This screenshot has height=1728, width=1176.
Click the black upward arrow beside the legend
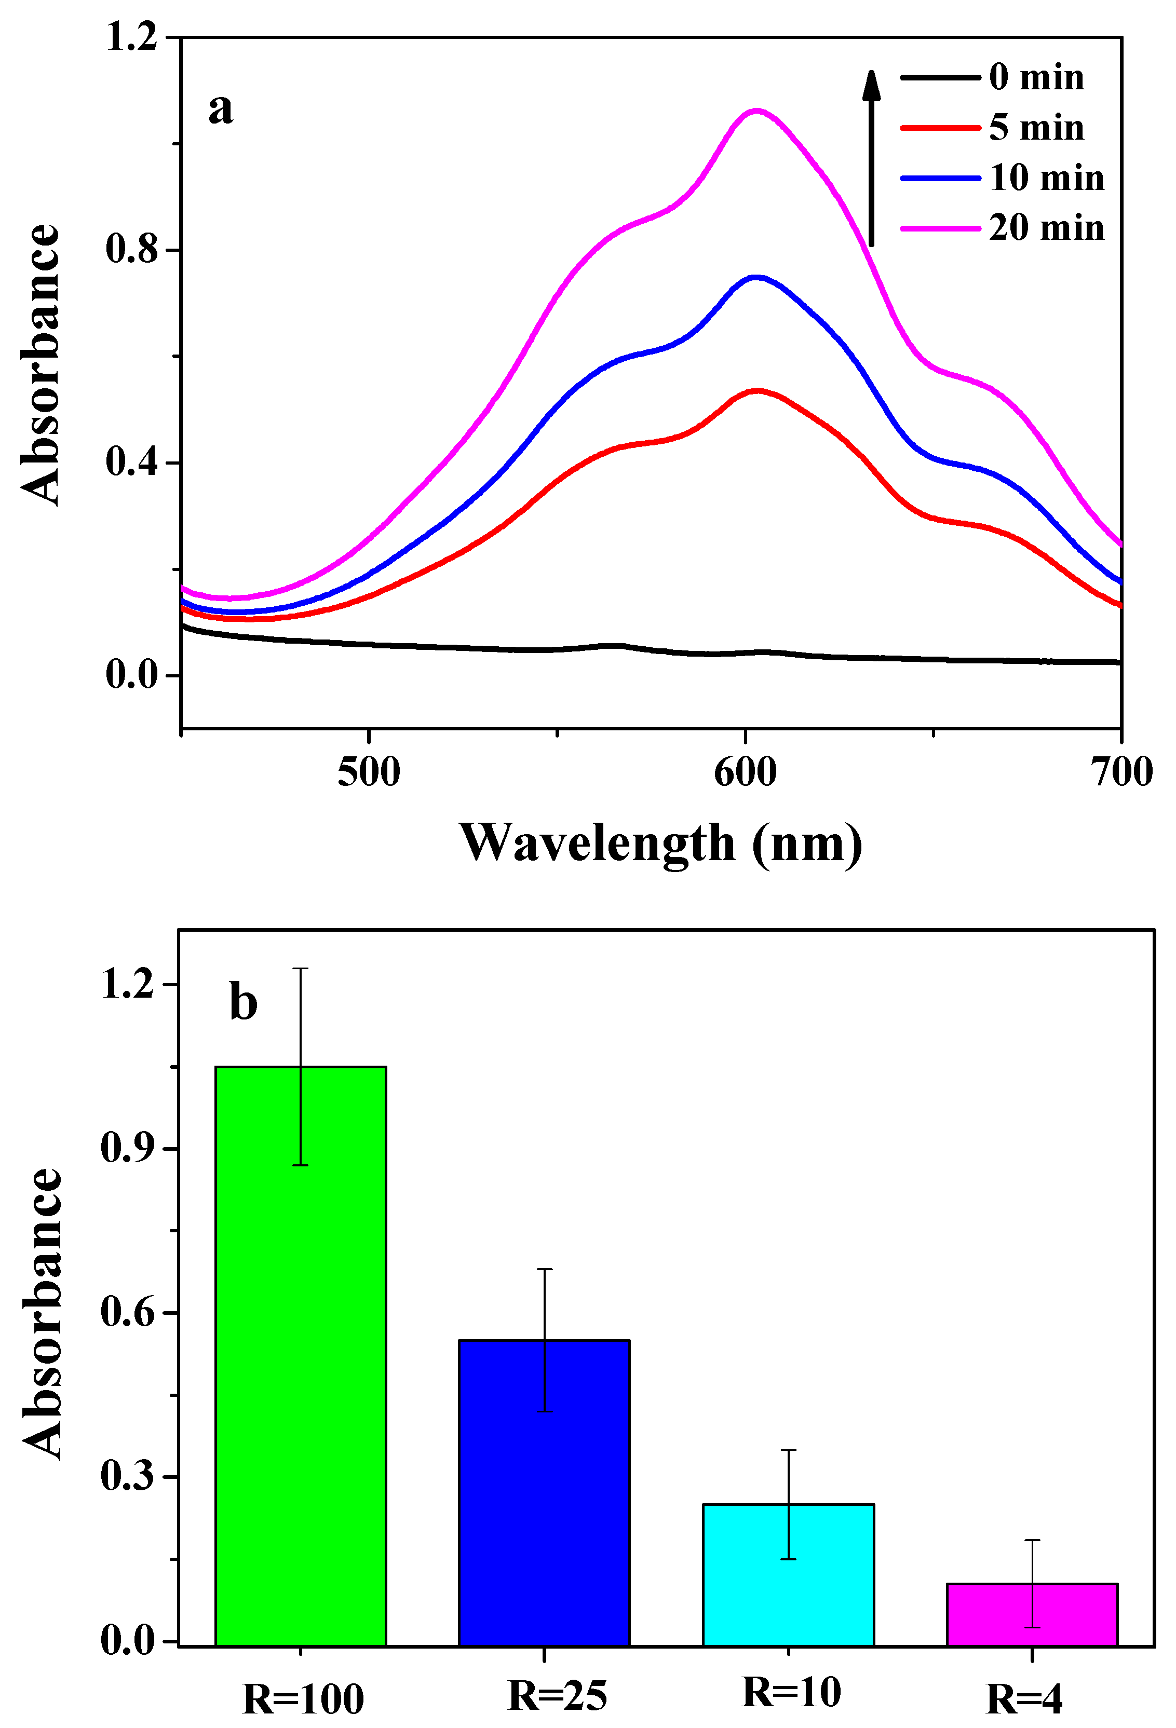[x=871, y=156]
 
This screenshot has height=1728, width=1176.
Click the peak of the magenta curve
[x=756, y=111]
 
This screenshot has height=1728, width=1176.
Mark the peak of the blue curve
[x=756, y=277]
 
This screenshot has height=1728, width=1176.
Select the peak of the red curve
[x=756, y=390]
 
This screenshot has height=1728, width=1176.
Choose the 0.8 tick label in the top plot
[x=132, y=249]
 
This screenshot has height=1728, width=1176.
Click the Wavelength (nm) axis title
[x=660, y=843]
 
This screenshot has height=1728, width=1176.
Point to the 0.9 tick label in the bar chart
[x=127, y=1149]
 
